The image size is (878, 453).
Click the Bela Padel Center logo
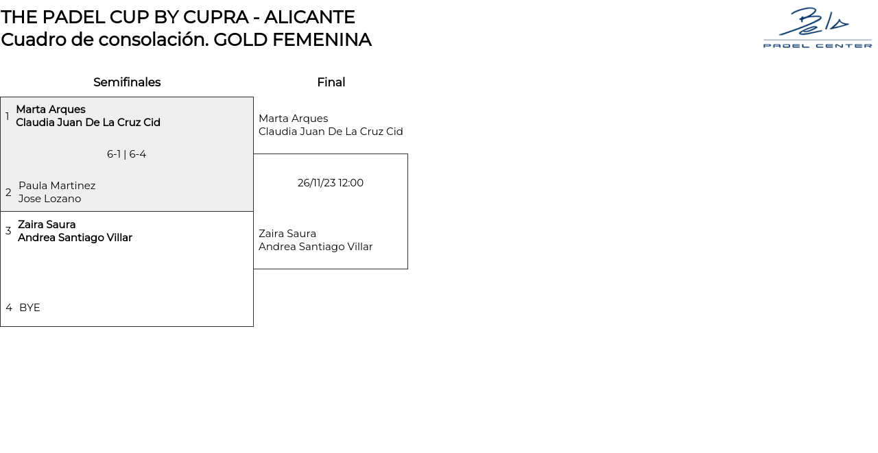[x=817, y=28]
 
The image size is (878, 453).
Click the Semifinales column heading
[x=127, y=82]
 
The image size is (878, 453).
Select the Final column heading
[x=331, y=82]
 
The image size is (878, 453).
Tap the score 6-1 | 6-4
[x=126, y=154]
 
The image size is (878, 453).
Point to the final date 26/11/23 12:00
[x=330, y=183]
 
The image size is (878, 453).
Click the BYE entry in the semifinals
[x=29, y=308]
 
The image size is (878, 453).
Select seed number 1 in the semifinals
[x=8, y=117]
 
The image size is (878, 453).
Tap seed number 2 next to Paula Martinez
[x=8, y=193]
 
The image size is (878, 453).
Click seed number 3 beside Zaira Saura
[x=8, y=231]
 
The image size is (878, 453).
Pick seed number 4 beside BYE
[x=8, y=308]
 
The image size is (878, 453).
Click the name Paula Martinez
[x=57, y=186]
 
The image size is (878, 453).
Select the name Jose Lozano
[x=49, y=199]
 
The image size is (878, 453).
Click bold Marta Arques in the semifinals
[x=51, y=110]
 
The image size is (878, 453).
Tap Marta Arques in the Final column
[x=293, y=119]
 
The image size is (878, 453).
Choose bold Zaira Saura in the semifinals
[x=47, y=225]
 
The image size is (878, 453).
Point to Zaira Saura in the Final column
[x=287, y=234]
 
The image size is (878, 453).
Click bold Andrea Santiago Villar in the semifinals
[x=75, y=238]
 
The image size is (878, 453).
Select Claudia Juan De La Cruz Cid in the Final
[x=331, y=132]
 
